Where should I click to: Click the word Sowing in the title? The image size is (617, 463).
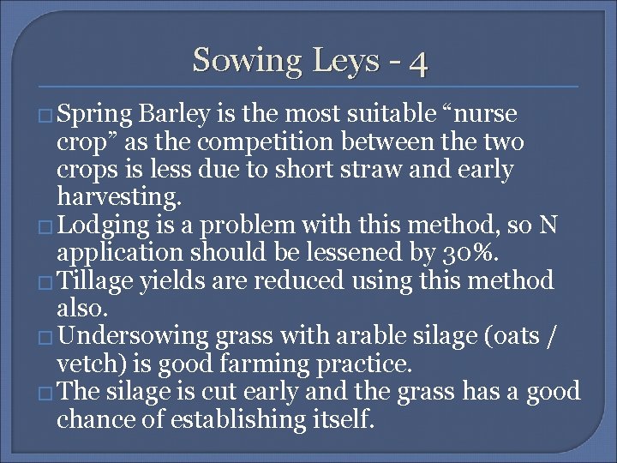tap(237, 61)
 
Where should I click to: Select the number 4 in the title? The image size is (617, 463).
tap(418, 63)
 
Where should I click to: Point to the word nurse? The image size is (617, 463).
tap(481, 115)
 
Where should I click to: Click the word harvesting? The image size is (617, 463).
tap(119, 197)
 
